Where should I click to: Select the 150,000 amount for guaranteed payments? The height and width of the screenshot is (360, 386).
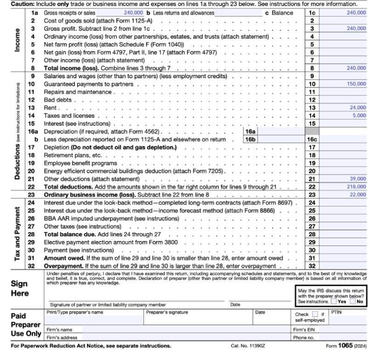[x=356, y=84]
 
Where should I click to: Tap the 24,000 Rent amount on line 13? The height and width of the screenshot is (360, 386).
[x=358, y=107]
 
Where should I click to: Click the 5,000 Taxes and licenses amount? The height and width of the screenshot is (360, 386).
[x=359, y=115]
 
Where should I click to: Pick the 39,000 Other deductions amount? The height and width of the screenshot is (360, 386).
[x=358, y=179]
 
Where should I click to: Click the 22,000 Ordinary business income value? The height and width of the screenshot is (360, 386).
[x=358, y=194]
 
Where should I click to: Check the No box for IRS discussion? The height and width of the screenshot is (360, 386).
[x=353, y=301]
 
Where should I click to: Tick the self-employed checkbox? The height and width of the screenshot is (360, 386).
[x=315, y=314]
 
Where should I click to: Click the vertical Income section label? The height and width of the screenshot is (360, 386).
[x=17, y=40]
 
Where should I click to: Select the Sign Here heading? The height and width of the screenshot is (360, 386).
[x=20, y=288]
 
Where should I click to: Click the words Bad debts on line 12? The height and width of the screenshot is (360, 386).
[x=58, y=100]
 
